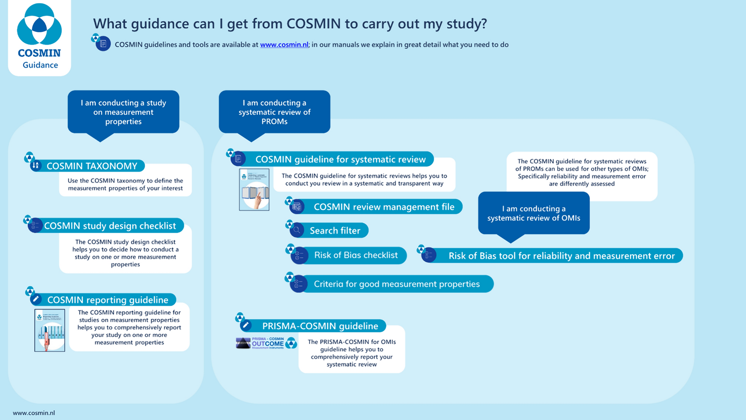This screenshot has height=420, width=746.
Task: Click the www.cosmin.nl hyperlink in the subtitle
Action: point(284,45)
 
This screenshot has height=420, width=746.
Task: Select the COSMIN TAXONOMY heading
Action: point(92,166)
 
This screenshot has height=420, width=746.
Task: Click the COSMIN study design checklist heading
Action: point(110,225)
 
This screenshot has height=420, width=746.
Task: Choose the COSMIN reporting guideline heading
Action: point(108,300)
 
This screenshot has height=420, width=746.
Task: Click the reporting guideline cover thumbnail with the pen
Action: point(50,330)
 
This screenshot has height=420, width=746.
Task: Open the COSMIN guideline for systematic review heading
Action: point(340,159)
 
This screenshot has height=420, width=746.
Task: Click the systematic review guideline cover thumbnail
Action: point(254,189)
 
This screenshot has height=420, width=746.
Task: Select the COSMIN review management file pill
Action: point(384,207)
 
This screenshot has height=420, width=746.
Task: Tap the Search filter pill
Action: point(335,231)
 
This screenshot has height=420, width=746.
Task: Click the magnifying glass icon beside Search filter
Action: point(297,231)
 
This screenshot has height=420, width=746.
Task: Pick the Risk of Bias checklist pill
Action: point(356,255)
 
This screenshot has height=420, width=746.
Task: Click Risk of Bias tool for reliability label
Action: point(561,256)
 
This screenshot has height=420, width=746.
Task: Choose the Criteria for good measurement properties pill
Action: point(397,284)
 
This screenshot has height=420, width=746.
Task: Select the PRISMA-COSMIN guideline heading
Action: point(320,326)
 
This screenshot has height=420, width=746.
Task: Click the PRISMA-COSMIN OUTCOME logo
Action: point(266,343)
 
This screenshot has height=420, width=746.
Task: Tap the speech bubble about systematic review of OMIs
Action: point(534,213)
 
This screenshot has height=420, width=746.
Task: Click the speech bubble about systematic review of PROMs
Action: point(274,112)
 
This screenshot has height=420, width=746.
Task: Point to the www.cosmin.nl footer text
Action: point(34,413)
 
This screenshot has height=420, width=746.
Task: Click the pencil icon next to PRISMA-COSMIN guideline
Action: point(246,325)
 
